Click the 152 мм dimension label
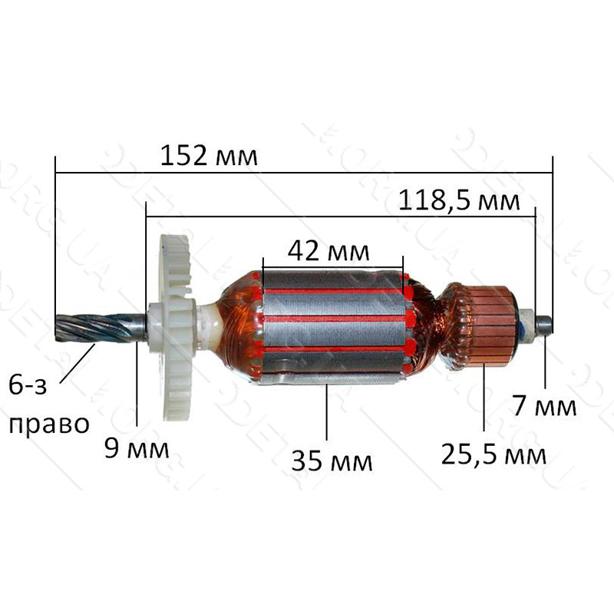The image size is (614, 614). click(x=209, y=155)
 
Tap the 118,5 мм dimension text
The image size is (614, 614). click(x=459, y=201)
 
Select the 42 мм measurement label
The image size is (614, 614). click(x=328, y=251)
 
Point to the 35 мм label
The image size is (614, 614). click(x=332, y=461)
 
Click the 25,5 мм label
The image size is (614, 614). click(x=494, y=454)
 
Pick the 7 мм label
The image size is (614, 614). click(x=545, y=406)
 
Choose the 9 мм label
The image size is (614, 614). click(x=137, y=448)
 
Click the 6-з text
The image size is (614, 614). click(x=28, y=385)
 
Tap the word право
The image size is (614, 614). click(x=49, y=425)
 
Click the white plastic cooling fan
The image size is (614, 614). click(x=174, y=327)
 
